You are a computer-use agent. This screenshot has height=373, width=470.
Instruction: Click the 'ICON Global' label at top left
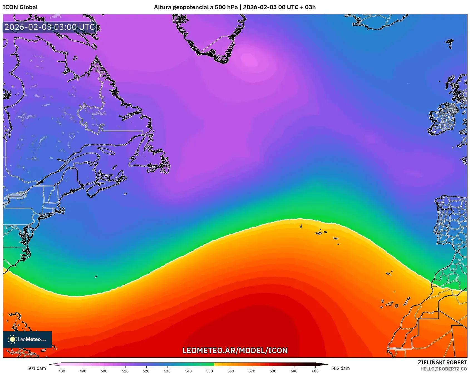[x=20, y=7]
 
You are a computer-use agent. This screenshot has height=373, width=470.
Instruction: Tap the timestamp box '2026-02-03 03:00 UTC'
[x=50, y=27]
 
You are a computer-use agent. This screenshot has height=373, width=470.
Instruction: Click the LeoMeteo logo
[x=27, y=339]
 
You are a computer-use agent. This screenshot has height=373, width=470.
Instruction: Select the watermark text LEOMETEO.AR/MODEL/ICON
[x=235, y=350]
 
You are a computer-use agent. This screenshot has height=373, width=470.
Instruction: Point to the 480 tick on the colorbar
[x=62, y=371]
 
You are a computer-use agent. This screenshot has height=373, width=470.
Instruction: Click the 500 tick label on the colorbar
[x=104, y=371]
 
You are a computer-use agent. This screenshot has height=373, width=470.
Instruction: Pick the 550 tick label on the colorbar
[x=210, y=371]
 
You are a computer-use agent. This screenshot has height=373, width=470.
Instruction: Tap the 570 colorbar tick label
[x=252, y=371]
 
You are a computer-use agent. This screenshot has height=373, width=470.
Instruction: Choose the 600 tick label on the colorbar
[x=315, y=371]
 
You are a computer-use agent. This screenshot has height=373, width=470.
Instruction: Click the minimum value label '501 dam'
[x=36, y=368]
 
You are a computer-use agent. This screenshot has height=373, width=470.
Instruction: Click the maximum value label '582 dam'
[x=340, y=368]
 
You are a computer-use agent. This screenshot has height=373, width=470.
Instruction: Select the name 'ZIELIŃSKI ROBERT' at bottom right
[x=442, y=362]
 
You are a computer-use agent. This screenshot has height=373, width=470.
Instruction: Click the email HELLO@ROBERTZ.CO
[x=444, y=369]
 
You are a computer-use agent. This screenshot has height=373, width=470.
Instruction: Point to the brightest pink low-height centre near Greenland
[x=249, y=60]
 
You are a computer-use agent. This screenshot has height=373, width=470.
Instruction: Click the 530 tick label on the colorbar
[x=167, y=371]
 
